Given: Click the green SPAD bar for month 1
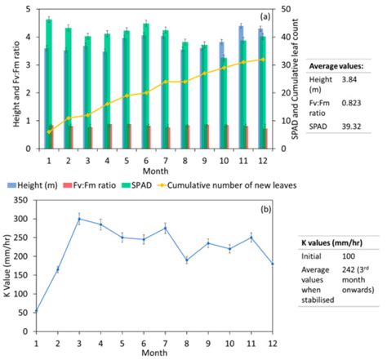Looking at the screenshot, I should point(49,82).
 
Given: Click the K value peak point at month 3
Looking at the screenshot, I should point(79,219).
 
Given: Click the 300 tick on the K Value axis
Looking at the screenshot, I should point(27,219).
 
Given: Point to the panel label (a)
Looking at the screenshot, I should point(265,16).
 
